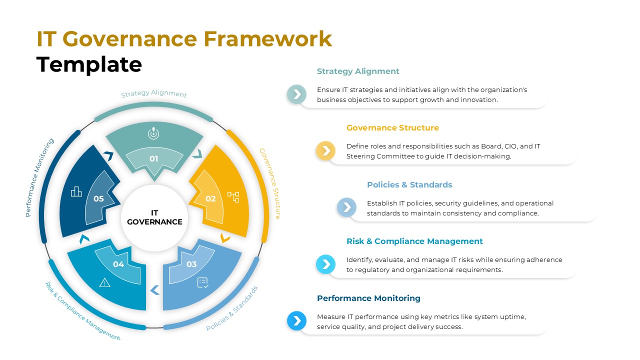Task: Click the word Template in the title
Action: (x=89, y=65)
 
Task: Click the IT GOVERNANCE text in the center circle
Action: (x=154, y=217)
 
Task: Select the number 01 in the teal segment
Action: (x=154, y=159)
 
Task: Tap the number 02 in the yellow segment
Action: (x=210, y=198)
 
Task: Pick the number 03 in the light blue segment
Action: (x=191, y=264)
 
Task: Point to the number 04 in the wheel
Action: (x=118, y=264)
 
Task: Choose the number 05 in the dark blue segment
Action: (x=98, y=198)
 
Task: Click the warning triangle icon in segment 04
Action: (x=104, y=282)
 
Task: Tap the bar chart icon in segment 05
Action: (x=76, y=191)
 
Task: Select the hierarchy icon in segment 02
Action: (x=233, y=196)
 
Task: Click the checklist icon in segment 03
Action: (x=203, y=282)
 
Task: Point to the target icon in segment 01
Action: (x=154, y=133)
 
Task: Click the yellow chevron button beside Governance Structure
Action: (x=325, y=150)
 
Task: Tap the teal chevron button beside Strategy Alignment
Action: (x=296, y=94)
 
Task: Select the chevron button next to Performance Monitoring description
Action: (x=296, y=320)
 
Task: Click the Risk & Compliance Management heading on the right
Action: (x=414, y=241)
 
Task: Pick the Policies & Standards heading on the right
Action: (x=409, y=185)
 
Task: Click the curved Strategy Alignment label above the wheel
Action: (x=154, y=94)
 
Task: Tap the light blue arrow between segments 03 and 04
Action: (x=155, y=290)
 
